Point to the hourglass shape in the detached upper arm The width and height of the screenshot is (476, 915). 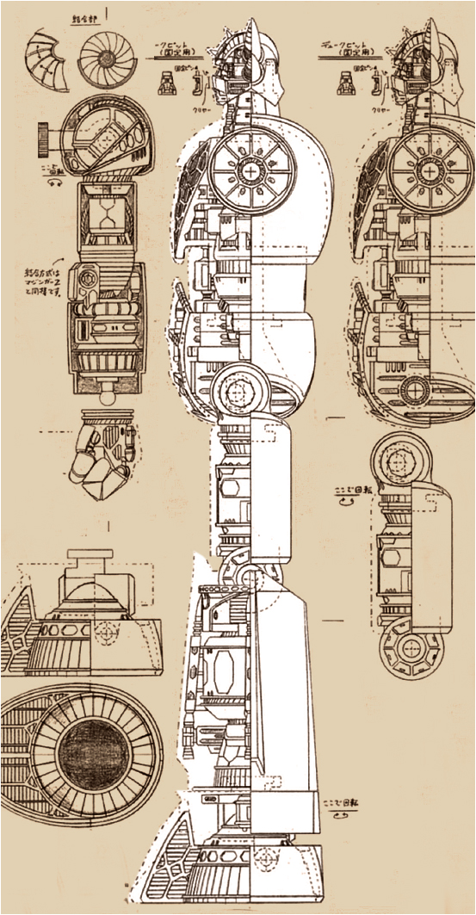tap(105, 213)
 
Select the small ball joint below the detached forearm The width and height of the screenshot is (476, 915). tap(108, 398)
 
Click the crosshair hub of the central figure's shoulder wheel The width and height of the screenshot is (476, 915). tap(250, 170)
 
